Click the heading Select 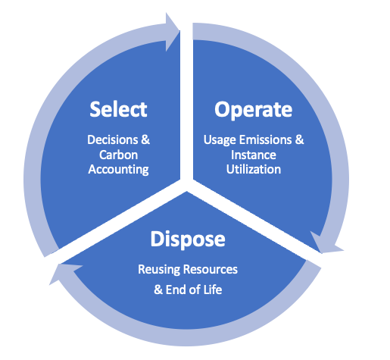[118, 109]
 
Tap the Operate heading [254, 110]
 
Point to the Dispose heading [188, 240]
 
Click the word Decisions [113, 139]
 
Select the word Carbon [118, 155]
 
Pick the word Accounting [118, 170]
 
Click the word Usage [220, 140]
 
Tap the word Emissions [266, 139]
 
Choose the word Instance [254, 155]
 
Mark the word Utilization [254, 169]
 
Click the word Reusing [159, 270]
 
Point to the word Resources [211, 269]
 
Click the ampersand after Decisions [145, 139]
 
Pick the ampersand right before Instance [299, 139]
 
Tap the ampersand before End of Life [158, 290]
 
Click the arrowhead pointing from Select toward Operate [172, 31]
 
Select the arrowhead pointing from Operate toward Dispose [326, 244]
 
